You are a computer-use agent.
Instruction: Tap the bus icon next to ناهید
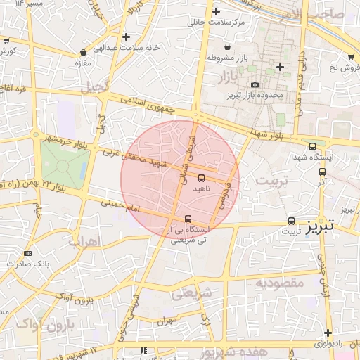[x=202, y=177]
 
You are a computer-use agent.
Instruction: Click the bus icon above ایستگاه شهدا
[x=312, y=146]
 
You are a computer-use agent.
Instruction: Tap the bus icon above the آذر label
[x=322, y=170]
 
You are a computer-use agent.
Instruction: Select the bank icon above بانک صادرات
[x=28, y=253]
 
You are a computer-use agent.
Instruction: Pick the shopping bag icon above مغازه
[x=84, y=52]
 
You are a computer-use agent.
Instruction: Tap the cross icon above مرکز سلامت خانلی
[x=216, y=11]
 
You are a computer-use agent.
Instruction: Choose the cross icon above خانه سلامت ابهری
[x=126, y=37]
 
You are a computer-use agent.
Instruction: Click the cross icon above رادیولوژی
[x=328, y=333]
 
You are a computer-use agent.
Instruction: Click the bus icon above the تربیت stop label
[x=291, y=221]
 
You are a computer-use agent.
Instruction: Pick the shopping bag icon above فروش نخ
[x=350, y=56]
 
